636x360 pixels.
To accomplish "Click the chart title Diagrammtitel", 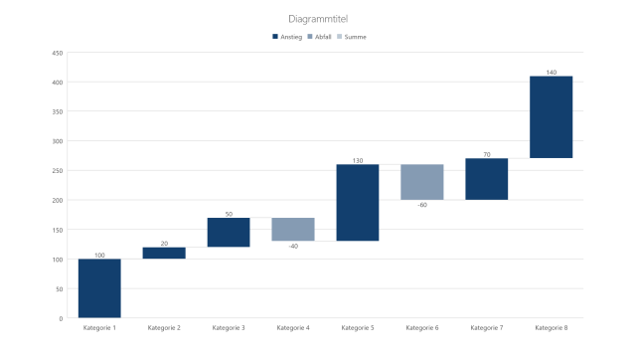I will (318, 19).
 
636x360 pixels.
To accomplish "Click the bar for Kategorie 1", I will (99, 288).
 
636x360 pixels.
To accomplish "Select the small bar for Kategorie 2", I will (164, 253).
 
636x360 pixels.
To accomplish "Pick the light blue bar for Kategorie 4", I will (293, 229).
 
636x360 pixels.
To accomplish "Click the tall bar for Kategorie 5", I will (358, 203).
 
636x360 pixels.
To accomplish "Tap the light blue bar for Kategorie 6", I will (422, 182).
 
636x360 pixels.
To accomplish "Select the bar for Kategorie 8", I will (552, 116).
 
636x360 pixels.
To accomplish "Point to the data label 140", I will (552, 73).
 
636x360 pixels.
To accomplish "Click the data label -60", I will (422, 205).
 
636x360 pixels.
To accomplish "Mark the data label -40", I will (293, 246).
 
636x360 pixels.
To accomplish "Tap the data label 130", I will (358, 161).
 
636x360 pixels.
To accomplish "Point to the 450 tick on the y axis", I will (58, 53).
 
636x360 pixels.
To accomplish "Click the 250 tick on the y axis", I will (58, 171).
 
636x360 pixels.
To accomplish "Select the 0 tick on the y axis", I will (61, 318).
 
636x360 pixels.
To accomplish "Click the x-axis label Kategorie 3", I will (229, 327).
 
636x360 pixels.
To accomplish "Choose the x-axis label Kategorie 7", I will (487, 327).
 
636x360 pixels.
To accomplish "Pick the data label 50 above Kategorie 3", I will (229, 214).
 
